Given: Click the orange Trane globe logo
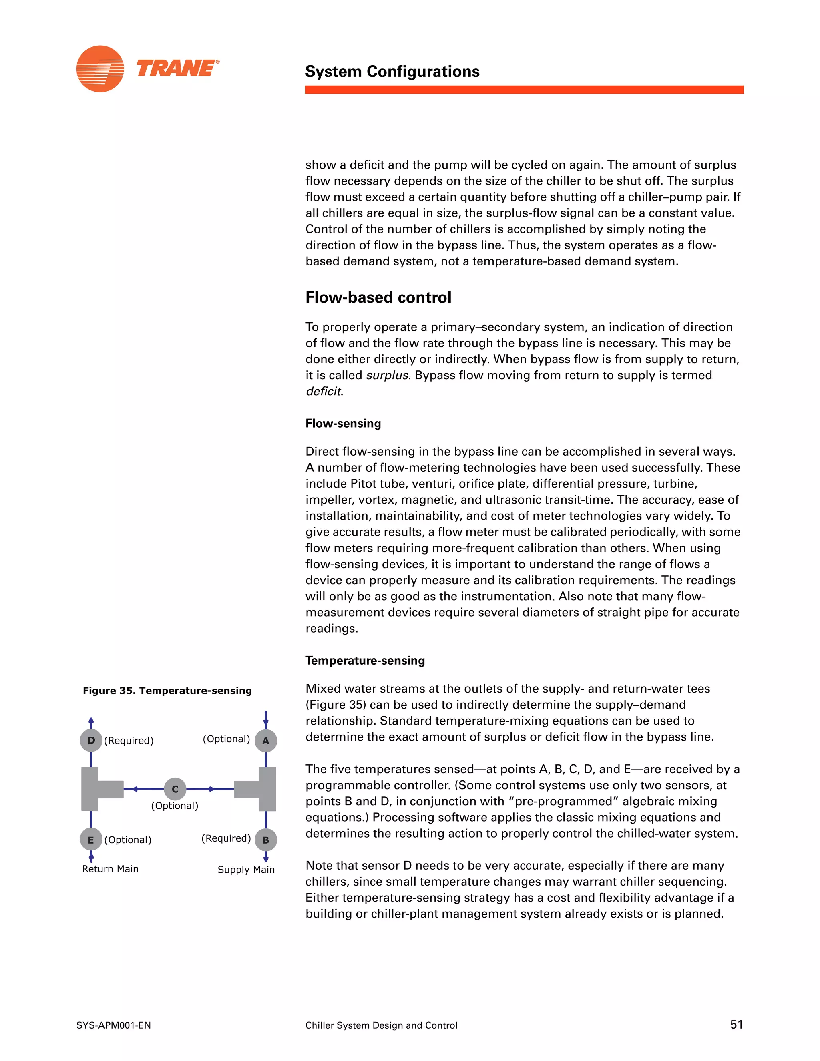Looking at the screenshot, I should click(x=100, y=69).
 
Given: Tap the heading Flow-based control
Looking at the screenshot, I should click(x=378, y=297).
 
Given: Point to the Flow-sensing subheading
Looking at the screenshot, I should click(x=343, y=423).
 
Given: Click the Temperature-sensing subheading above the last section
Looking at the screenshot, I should click(x=365, y=660).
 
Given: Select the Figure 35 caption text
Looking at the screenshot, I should click(x=167, y=690).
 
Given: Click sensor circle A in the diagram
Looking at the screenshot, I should click(x=266, y=741).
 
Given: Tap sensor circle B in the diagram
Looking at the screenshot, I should click(x=266, y=840).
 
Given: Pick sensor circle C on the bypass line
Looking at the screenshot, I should click(x=175, y=789).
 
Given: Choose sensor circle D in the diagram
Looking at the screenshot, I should click(x=91, y=740).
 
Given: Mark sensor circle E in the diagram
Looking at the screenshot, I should click(x=91, y=840).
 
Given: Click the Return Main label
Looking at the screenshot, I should click(x=110, y=869).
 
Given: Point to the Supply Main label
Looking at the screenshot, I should click(x=246, y=870).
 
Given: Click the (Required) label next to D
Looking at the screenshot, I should click(x=129, y=740).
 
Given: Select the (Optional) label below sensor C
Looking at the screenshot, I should click(x=175, y=806).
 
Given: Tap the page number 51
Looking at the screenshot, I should click(x=736, y=1025).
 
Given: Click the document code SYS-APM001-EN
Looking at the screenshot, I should click(x=113, y=1025).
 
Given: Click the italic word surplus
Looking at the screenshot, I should click(x=387, y=375).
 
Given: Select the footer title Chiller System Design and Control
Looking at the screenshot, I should click(x=381, y=1025).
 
